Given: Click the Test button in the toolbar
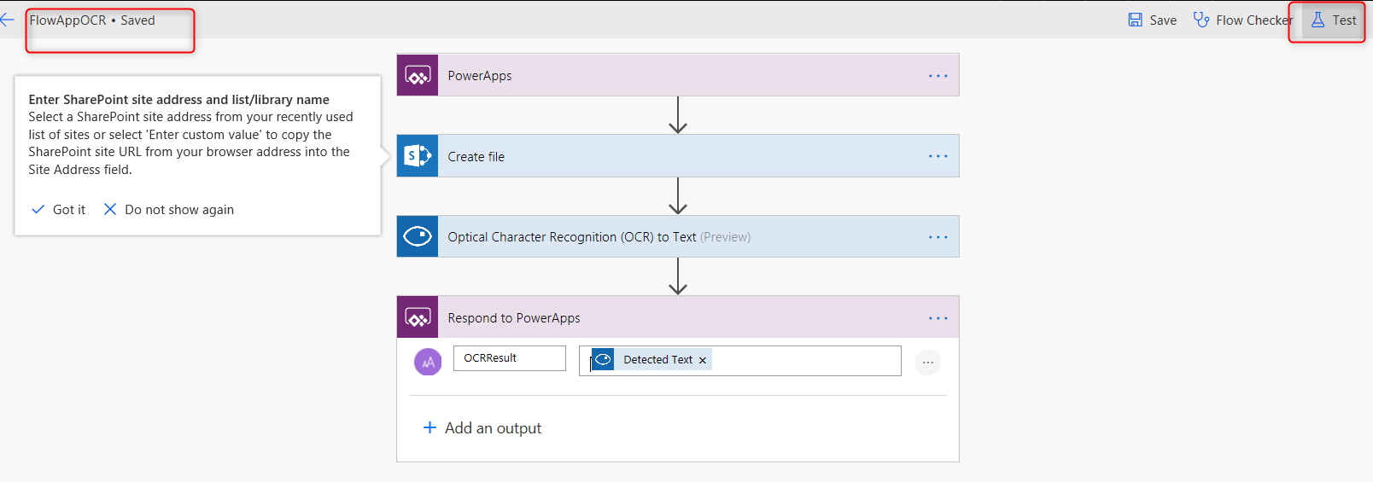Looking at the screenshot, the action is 1333,20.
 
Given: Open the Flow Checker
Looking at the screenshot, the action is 1242,20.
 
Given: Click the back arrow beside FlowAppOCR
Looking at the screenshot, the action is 8,20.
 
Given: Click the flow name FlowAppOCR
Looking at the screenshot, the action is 67,20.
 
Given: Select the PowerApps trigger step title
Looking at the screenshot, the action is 479,76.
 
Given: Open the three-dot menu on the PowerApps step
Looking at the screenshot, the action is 938,76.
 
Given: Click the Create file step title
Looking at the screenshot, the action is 476,157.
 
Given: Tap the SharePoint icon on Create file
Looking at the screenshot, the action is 418,156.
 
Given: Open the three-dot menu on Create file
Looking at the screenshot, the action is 938,156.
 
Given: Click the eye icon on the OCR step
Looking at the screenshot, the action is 418,236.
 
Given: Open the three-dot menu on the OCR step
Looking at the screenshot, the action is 938,237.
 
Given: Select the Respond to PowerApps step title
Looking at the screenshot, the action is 514,318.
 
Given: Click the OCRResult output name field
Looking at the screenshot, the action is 510,358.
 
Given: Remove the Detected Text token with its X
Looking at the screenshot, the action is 703,360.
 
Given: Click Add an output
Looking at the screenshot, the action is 482,428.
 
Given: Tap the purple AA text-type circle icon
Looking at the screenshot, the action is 428,362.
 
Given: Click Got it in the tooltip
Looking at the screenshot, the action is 58,210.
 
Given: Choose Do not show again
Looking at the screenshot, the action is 168,210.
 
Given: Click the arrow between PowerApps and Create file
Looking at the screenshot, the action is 678,115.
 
